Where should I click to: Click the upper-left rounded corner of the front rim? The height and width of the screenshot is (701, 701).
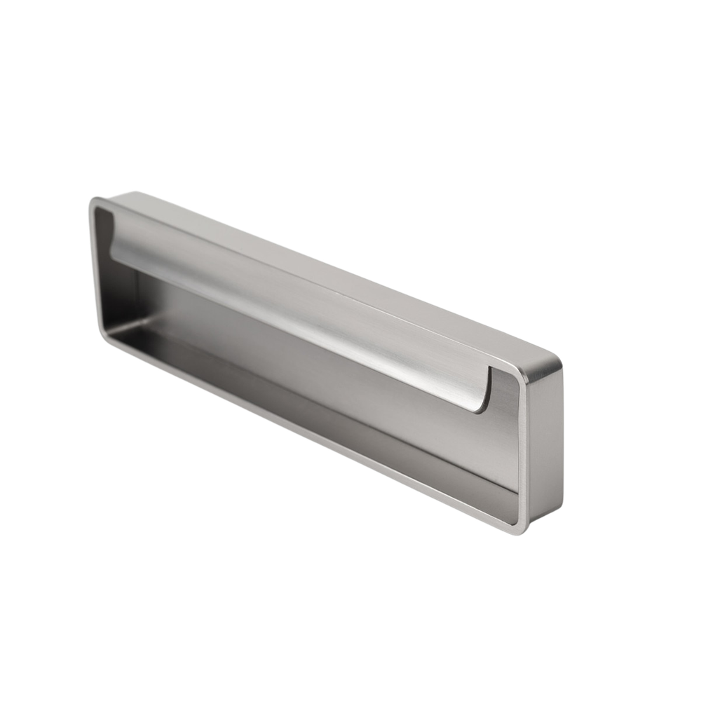pos(93,203)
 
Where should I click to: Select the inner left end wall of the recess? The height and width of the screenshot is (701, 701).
pos(112,280)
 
